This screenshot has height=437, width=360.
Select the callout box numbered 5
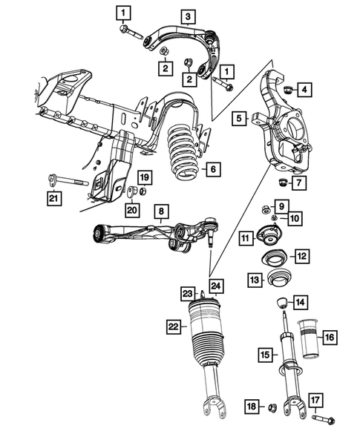point(238,117)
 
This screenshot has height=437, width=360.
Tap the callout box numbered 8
point(160,213)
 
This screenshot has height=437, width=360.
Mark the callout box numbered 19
point(145,177)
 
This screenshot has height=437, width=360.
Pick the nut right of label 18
point(272,407)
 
